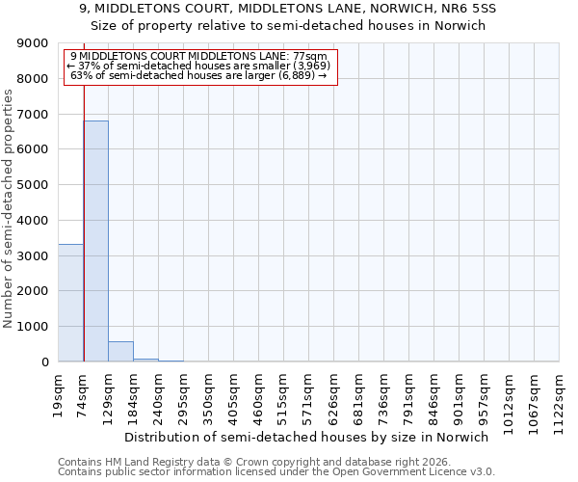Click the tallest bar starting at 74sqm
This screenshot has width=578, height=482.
(95, 241)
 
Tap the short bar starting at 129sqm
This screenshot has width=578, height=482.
(120, 352)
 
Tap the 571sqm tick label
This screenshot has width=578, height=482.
(308, 391)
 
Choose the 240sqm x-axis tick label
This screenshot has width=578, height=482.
(158, 391)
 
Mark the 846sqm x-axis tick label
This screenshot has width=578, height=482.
(433, 391)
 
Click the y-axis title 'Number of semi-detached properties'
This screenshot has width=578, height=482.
(10, 202)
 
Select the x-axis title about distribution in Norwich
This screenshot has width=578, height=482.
(307, 437)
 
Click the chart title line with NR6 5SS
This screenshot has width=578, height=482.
(288, 9)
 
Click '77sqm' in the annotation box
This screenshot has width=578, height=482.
(314, 57)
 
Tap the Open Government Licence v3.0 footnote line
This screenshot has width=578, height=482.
(276, 472)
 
